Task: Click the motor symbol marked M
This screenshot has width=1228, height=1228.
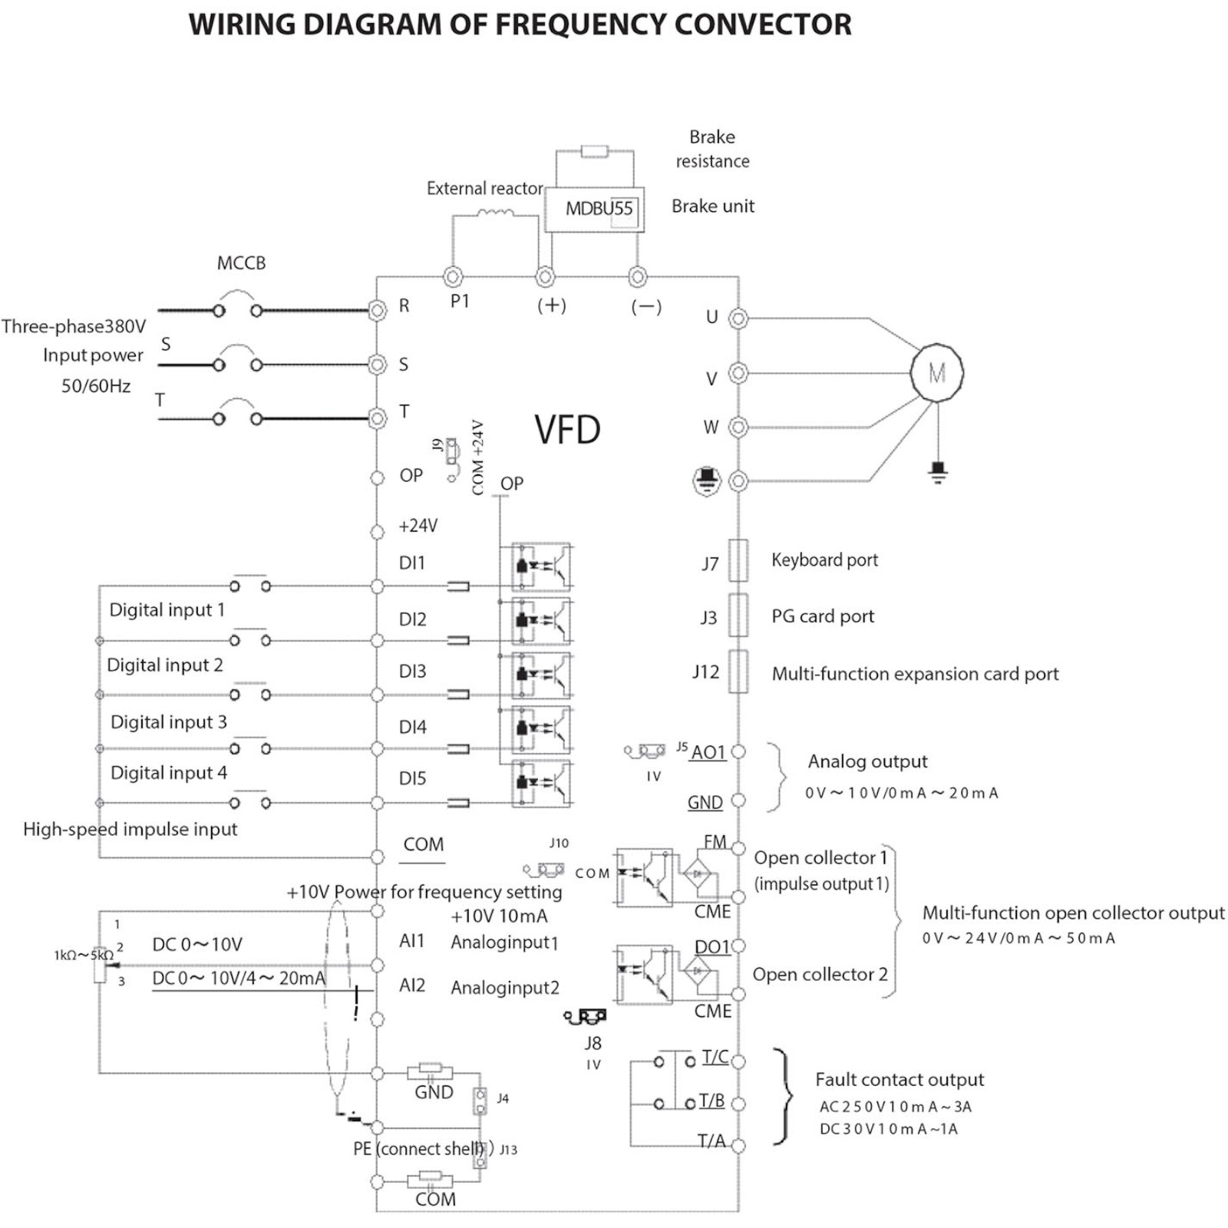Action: point(936,373)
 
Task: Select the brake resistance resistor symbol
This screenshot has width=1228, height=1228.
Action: point(595,151)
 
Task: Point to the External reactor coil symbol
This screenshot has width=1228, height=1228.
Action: point(495,213)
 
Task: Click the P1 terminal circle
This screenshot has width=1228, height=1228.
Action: point(453,276)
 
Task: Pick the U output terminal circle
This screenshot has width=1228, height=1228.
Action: point(738,318)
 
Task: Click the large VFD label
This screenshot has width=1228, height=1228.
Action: point(567,430)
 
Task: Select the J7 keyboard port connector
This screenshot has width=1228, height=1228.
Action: point(738,560)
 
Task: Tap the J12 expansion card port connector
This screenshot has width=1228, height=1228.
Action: point(738,672)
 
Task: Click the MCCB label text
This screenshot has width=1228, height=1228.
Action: point(241,263)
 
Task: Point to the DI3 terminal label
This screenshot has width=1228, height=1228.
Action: point(412,672)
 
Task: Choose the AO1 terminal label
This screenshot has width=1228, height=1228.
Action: point(708,752)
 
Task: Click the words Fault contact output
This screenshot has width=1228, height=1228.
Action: point(899,1080)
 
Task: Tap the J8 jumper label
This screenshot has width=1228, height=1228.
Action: point(593,1043)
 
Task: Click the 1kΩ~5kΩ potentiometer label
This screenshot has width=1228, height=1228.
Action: point(83,956)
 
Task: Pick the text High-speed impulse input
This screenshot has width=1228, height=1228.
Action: point(130,829)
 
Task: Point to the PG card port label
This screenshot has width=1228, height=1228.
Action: point(823,616)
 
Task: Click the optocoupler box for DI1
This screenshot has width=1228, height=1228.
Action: point(542,566)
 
